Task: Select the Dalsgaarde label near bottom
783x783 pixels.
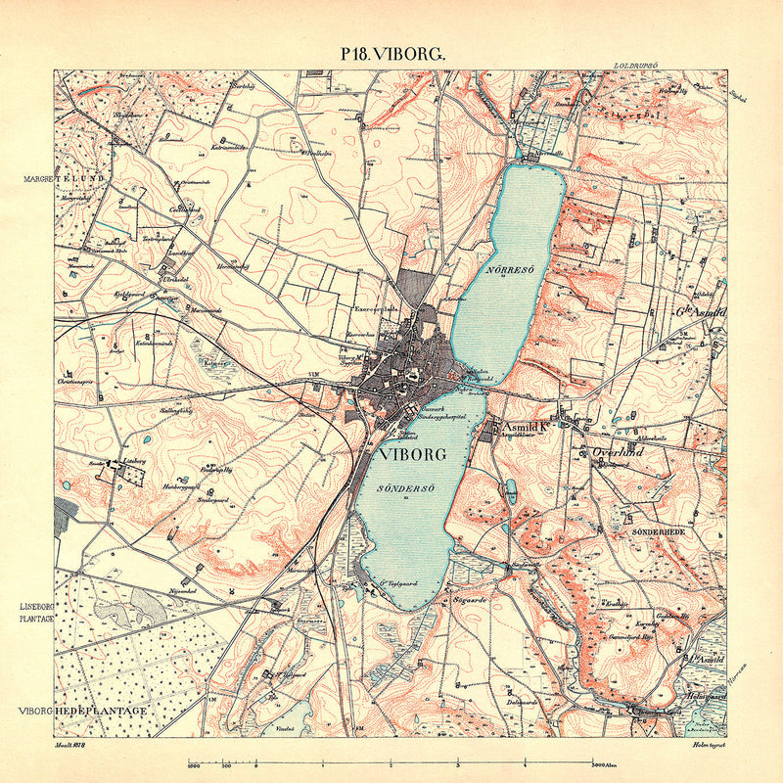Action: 523,701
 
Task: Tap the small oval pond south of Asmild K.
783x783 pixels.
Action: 510,487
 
